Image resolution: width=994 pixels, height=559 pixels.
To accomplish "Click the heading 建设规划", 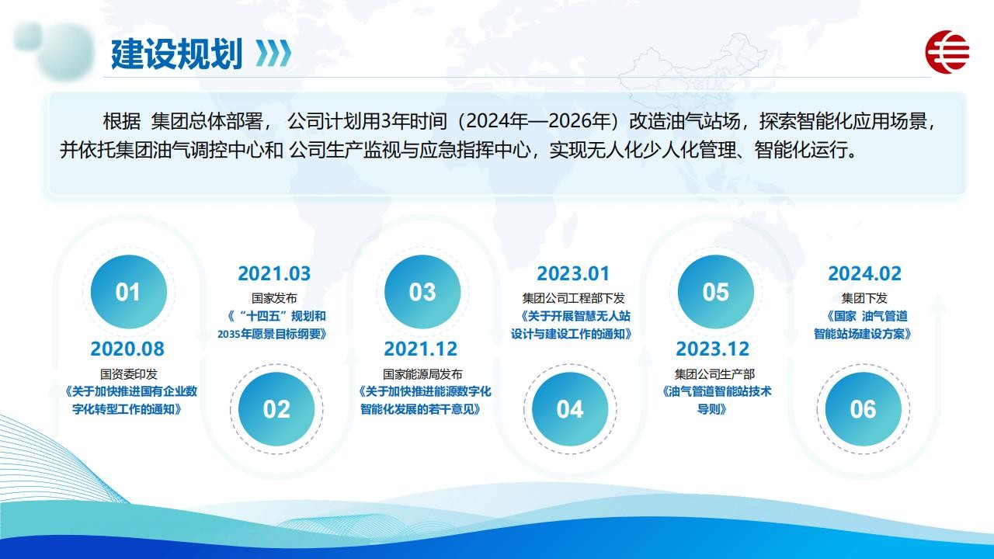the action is tap(176, 54).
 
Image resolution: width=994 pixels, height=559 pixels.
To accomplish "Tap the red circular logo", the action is tap(947, 52).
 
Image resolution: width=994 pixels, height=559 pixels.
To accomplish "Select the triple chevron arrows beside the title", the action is tap(273, 54).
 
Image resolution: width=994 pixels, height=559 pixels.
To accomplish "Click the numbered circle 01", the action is tap(129, 291).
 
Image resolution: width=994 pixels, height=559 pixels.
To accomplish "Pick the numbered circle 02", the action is tap(276, 409).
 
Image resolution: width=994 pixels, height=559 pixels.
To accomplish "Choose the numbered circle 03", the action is tap(422, 291).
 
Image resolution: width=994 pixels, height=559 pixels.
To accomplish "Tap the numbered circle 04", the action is tap(570, 409).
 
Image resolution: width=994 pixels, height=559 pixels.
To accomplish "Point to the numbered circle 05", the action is tap(716, 291).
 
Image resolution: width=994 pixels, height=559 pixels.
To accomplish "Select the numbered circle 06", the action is tap(864, 409).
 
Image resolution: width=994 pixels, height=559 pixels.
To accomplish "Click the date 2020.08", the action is tap(127, 349).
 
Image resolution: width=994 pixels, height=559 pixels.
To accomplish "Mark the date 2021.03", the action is tap(274, 274).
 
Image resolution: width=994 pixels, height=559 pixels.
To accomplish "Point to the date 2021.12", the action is tap(421, 349).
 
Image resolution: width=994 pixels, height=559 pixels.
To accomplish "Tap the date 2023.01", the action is tap(573, 274).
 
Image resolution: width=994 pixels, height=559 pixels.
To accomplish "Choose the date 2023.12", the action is tap(713, 349).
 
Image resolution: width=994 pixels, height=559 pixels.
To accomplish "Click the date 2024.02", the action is tap(865, 274).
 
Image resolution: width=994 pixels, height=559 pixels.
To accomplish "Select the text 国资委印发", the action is tap(129, 374).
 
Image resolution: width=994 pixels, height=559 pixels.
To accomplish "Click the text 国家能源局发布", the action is tap(422, 374).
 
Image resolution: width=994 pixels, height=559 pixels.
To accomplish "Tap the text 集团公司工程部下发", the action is tap(573, 298).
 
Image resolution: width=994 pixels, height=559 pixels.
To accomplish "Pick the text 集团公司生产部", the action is tap(714, 374).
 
